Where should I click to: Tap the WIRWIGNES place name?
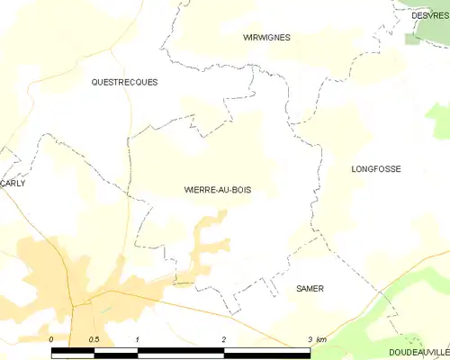tap(265, 38)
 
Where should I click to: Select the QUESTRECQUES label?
tap(124, 82)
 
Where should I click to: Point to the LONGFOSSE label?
tap(375, 169)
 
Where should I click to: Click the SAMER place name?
tap(310, 289)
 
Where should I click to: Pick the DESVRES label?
tap(429, 15)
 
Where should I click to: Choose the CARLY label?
tap(13, 183)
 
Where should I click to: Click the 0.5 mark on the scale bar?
tap(94, 339)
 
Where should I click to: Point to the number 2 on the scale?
tap(224, 339)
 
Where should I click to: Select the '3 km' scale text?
tap(316, 339)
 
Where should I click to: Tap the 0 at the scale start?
tap(51, 339)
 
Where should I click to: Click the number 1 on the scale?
tap(138, 339)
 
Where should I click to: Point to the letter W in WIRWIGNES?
tap(247, 38)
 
